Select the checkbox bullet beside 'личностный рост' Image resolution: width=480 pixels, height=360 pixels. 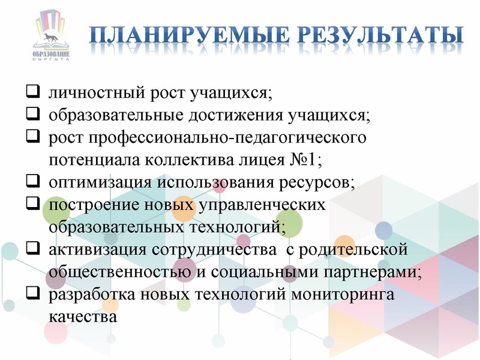pyautogui.click(x=34, y=93)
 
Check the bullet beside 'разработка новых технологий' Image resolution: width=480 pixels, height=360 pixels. pyautogui.click(x=34, y=293)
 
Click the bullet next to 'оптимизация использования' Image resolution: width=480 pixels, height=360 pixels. pyautogui.click(x=34, y=182)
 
